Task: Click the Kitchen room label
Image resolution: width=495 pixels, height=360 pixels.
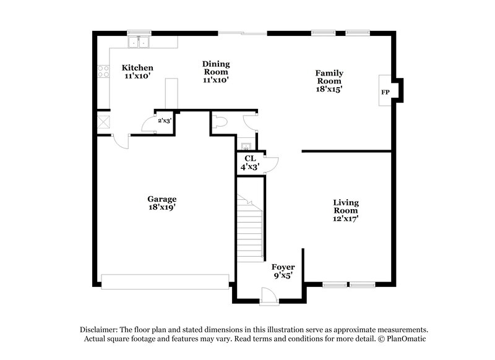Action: point(137,67)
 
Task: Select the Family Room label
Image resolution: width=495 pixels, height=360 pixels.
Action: point(330,77)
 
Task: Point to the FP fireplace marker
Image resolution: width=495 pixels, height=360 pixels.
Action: point(385,92)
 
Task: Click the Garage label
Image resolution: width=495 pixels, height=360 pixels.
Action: point(161,199)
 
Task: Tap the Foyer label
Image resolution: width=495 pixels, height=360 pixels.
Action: point(283,267)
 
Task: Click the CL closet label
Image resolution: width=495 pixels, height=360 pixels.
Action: point(250,158)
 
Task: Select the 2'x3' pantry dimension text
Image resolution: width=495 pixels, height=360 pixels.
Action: point(164,121)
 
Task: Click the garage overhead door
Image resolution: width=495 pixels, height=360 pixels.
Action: point(165,281)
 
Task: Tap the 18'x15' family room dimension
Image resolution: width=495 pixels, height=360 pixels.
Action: point(329,88)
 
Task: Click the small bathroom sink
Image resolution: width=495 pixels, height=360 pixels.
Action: point(245,147)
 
